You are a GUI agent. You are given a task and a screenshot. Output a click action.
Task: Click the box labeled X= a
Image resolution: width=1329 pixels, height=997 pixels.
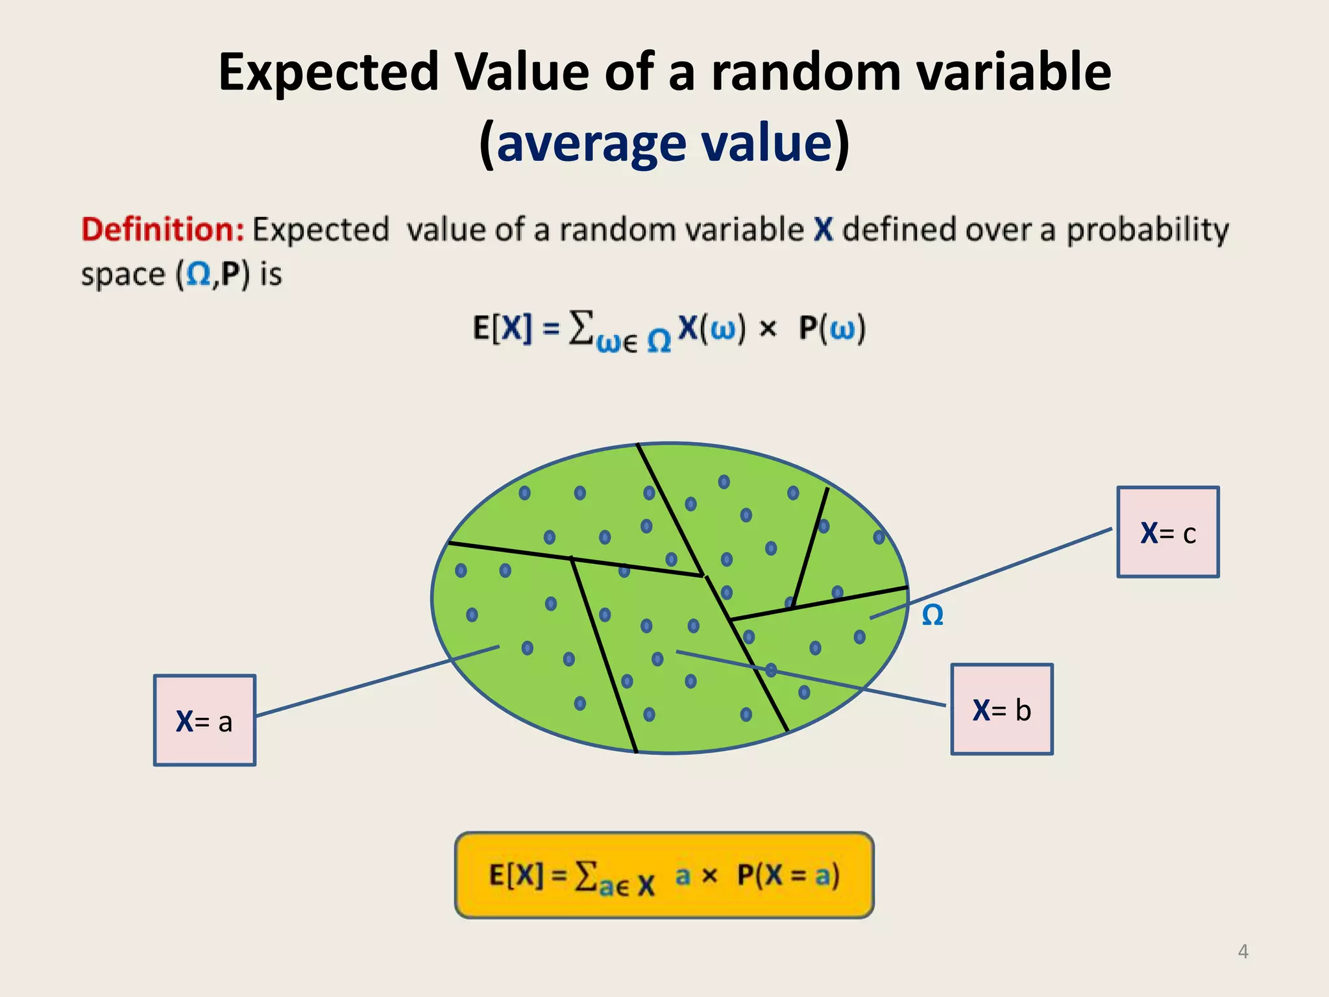click(x=204, y=720)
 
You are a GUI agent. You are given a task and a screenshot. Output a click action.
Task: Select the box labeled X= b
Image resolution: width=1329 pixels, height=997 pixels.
click(x=1001, y=709)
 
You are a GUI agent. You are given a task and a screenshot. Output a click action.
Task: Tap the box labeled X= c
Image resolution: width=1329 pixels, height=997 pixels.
click(x=1167, y=532)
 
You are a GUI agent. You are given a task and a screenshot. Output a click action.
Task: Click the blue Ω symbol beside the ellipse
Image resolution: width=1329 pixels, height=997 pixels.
click(x=933, y=615)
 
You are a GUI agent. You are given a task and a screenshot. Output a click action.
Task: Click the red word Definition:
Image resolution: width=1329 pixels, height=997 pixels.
click(x=162, y=230)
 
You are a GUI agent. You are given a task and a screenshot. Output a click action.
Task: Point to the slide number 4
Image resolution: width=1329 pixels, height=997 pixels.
click(x=1243, y=952)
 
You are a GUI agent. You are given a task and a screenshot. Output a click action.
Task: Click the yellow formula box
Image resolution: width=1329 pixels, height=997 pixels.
click(x=664, y=875)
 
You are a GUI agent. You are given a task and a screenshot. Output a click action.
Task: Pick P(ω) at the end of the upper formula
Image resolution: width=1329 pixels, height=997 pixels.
click(x=833, y=328)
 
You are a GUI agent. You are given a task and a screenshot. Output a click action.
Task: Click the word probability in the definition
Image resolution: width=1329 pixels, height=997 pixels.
click(x=1147, y=230)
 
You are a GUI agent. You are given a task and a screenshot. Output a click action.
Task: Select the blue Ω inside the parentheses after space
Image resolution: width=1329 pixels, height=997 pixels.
click(x=198, y=275)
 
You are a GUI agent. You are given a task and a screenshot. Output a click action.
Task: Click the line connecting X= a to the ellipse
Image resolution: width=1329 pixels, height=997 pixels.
click(x=376, y=681)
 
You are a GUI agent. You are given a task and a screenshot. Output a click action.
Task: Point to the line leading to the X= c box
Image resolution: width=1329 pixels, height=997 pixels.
click(x=993, y=572)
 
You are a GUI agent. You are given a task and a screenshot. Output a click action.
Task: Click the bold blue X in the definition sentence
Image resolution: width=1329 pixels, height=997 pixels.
click(x=823, y=230)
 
